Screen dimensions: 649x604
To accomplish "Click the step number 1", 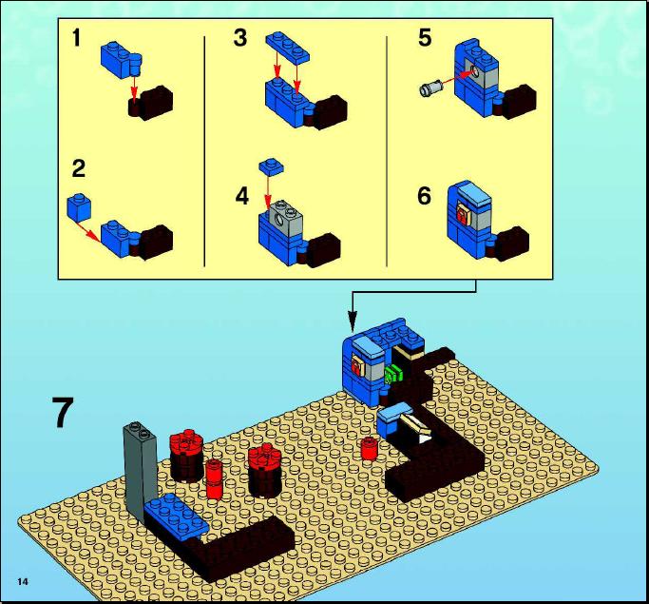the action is click(x=76, y=38).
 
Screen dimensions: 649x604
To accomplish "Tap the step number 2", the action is click(x=79, y=168).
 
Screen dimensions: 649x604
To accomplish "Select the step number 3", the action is click(x=240, y=38).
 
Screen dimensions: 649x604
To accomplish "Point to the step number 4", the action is click(x=242, y=196).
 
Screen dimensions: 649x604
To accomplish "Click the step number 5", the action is click(x=425, y=38).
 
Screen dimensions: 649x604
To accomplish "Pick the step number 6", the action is click(x=424, y=196).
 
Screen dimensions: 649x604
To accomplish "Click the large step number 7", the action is click(x=63, y=412).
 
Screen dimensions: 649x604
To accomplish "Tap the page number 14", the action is click(x=23, y=581).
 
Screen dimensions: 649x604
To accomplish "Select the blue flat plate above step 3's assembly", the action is click(x=288, y=48).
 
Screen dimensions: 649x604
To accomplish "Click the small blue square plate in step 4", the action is click(x=272, y=166).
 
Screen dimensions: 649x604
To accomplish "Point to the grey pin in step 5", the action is click(x=430, y=88).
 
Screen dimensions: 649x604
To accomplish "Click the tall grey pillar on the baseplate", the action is click(x=141, y=468).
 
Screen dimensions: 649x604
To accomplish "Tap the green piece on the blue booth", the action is click(x=393, y=374).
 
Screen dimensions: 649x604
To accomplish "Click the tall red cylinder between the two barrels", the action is click(x=215, y=478).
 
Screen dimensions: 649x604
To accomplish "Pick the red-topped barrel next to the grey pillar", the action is click(x=186, y=456).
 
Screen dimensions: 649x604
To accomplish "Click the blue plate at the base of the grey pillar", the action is click(x=177, y=516).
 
